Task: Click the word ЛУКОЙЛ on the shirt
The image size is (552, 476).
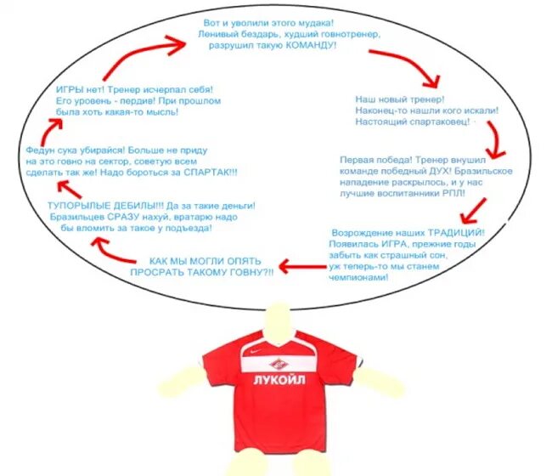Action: [279, 380]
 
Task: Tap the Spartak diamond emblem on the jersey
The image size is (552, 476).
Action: [279, 364]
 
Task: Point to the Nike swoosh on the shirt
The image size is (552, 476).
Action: [256, 351]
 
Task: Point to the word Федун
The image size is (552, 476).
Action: [39, 150]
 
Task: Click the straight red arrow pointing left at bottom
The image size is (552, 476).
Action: [303, 266]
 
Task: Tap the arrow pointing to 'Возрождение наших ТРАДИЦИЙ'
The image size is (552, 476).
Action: [473, 211]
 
